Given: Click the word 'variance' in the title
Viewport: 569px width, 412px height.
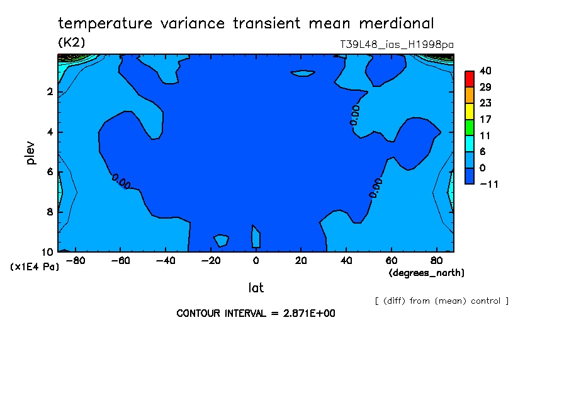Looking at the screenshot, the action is (193, 23).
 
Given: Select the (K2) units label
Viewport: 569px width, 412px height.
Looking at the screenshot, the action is (72, 42).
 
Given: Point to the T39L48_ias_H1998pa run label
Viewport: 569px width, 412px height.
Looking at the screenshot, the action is (397, 45).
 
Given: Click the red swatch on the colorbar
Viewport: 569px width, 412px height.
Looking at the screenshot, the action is (470, 79).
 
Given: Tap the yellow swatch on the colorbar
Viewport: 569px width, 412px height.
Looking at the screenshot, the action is (470, 111).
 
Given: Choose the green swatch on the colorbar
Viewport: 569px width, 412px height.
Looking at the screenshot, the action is (470, 127).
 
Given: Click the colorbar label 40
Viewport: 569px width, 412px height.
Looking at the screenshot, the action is (485, 71).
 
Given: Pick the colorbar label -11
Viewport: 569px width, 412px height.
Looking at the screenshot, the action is (489, 184).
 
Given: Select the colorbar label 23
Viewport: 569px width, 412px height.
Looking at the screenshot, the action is (485, 103).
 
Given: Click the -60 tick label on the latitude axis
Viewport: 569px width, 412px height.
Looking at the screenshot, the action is (120, 261).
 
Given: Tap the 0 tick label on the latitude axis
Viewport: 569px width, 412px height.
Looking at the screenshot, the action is (256, 261).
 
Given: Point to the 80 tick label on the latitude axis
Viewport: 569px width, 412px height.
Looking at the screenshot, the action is (437, 261).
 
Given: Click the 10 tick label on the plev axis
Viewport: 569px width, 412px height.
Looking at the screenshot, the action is (48, 252).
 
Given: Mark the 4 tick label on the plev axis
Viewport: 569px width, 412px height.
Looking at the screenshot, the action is (50, 132).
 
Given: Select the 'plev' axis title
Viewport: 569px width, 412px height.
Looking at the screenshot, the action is (30, 153).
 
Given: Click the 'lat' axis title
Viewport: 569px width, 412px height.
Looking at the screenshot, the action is (256, 288).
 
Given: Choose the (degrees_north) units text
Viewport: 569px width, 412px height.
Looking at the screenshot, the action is (426, 273).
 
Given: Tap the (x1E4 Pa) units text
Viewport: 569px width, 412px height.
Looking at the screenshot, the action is (35, 267).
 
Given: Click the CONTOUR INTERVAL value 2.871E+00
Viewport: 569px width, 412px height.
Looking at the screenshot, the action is (309, 313).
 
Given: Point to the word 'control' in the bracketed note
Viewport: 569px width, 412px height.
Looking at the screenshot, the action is (485, 301).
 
